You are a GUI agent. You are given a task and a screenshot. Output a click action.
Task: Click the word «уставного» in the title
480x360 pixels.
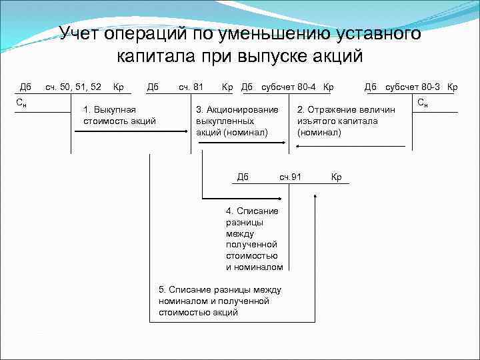tap(363, 33)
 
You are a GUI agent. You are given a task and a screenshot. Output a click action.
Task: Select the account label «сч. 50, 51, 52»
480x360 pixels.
tap(73, 87)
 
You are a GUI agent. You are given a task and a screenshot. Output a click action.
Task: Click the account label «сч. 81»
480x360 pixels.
tap(191, 87)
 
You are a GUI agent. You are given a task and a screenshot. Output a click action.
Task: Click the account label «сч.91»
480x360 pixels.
tap(291, 177)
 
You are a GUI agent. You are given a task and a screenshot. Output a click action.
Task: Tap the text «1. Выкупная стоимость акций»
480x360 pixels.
tap(119, 115)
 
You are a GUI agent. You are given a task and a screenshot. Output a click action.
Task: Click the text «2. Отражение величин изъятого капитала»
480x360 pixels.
tap(346, 121)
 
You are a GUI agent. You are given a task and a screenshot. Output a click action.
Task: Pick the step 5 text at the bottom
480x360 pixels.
tap(219, 301)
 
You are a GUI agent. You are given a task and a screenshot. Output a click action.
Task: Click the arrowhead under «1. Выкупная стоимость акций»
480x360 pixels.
tap(186, 132)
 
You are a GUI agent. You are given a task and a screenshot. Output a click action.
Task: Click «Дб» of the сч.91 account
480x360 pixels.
tap(243, 177)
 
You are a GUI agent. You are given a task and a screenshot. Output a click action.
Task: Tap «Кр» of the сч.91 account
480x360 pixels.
tap(336, 177)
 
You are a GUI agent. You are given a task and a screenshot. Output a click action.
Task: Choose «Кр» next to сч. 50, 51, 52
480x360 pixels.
tap(119, 87)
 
